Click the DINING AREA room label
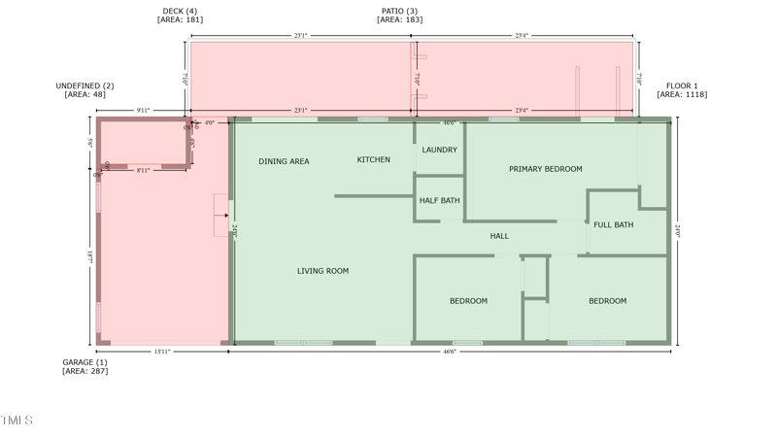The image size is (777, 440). click(x=284, y=161)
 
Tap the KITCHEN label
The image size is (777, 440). click(x=374, y=160)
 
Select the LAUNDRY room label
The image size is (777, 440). click(x=440, y=150)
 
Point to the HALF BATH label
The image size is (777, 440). click(x=440, y=201)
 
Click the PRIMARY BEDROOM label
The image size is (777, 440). click(x=546, y=169)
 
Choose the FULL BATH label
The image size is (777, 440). click(x=614, y=225)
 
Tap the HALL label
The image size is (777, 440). click(x=499, y=236)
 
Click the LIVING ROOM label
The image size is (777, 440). click(x=322, y=271)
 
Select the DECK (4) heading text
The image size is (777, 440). click(x=180, y=12)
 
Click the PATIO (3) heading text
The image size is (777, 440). click(x=399, y=12)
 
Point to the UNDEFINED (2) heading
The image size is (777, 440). click(x=84, y=86)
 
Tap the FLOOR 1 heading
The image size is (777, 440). click(x=682, y=86)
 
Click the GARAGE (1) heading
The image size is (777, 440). click(x=84, y=362)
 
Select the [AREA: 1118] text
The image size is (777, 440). click(x=682, y=95)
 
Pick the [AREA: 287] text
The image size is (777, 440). click(x=84, y=371)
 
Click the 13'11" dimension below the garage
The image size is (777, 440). click(x=161, y=352)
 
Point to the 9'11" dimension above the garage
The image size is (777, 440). click(x=143, y=111)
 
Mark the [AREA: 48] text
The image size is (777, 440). click(x=84, y=95)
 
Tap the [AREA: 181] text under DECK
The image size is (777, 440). click(x=180, y=20)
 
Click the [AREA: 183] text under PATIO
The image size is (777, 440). click(x=399, y=20)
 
